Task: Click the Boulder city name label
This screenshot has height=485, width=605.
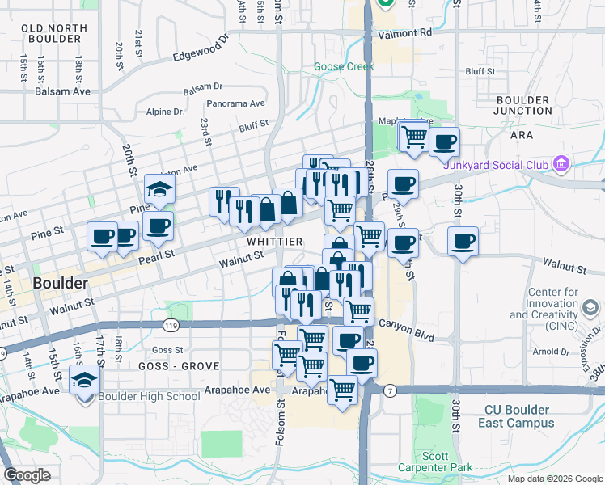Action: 61,284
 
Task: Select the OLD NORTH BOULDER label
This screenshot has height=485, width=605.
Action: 54,33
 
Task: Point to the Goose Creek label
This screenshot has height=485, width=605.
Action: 344,67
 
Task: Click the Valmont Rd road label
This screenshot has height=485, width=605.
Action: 404,34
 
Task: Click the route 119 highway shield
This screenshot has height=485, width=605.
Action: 170,325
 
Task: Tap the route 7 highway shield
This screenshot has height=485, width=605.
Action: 391,390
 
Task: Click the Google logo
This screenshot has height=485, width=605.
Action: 27,475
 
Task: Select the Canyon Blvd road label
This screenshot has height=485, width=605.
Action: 412,335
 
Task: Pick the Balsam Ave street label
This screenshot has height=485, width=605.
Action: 62,91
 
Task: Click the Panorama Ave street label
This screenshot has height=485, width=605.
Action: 235,103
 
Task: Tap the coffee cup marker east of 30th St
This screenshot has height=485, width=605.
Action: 463,241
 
